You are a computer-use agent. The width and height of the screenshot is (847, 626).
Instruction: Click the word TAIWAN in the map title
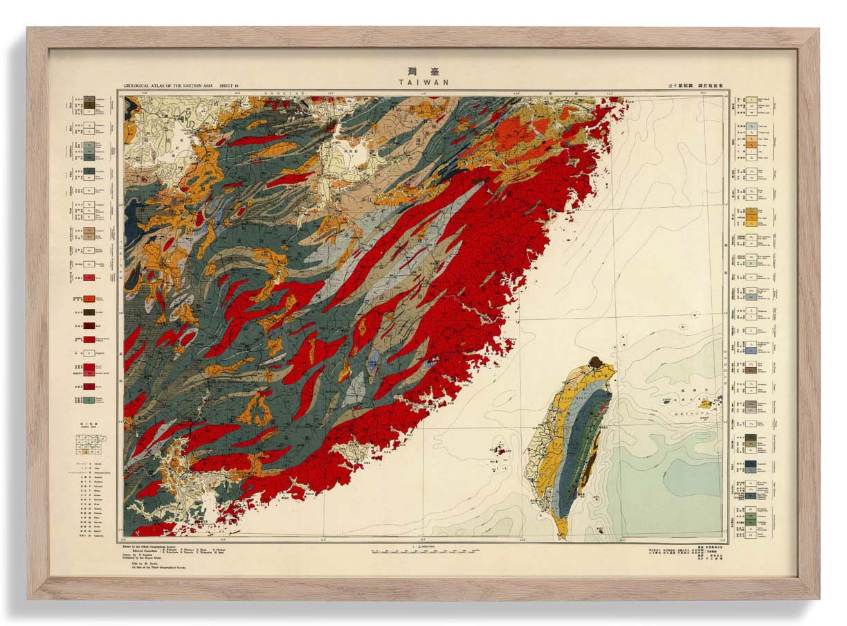pos(423,82)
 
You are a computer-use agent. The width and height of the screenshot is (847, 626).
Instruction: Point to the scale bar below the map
pos(423,552)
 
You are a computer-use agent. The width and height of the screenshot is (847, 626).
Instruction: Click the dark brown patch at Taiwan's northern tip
pos(594,361)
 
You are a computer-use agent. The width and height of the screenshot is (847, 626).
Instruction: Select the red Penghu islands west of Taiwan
pos(498,449)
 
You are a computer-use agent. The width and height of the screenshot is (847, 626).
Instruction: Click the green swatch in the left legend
pos(89,400)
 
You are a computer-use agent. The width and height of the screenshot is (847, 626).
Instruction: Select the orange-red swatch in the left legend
pos(89,300)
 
